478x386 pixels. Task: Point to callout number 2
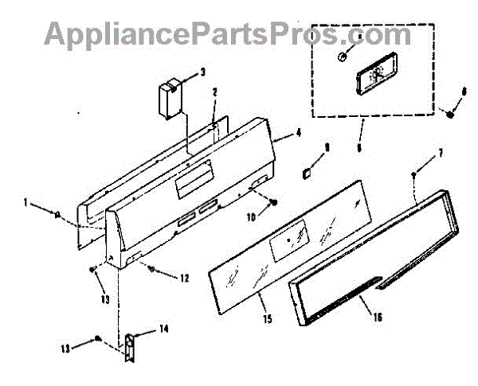click(214, 93)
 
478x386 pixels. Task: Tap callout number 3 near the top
click(202, 72)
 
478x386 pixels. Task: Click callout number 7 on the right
click(441, 152)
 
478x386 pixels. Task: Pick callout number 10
click(249, 216)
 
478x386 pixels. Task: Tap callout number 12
click(184, 279)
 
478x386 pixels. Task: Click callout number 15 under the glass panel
click(267, 319)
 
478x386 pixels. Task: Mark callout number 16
click(377, 317)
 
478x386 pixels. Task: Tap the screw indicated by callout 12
click(151, 269)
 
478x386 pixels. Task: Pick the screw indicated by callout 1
click(60, 212)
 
